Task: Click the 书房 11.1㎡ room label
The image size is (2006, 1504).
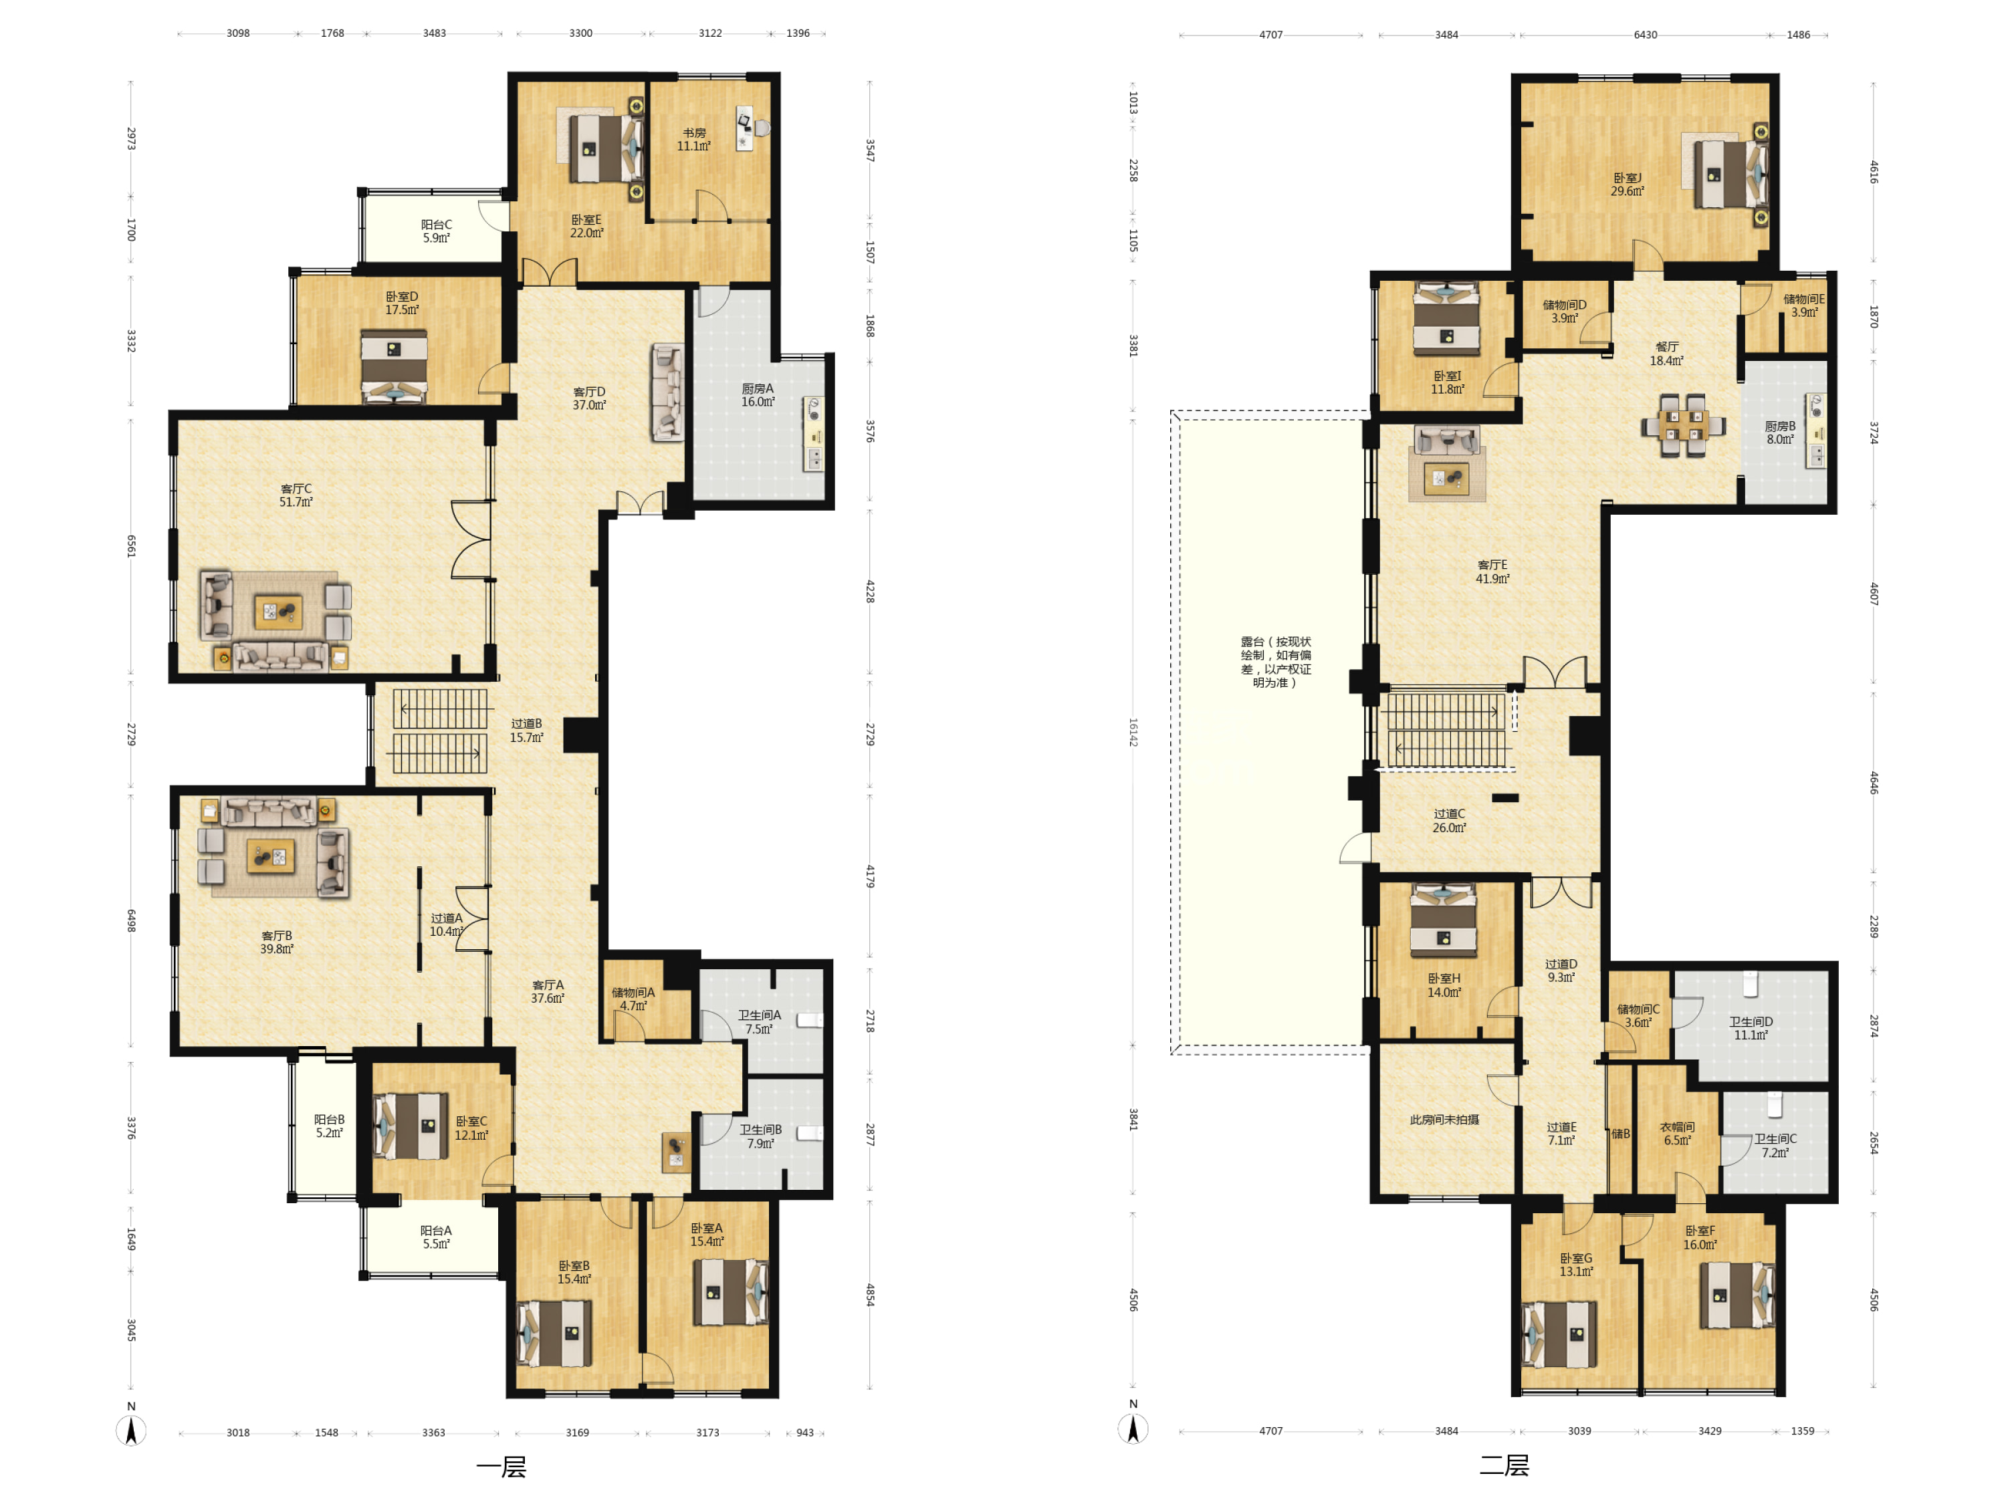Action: click(x=694, y=140)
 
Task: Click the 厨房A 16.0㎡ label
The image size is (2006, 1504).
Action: click(x=758, y=395)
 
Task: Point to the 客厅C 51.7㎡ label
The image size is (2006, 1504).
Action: click(x=296, y=495)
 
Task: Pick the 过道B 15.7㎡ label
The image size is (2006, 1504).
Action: click(x=526, y=731)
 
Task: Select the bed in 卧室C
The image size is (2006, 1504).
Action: click(x=411, y=1126)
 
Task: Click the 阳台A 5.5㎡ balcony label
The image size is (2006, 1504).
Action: click(x=436, y=1237)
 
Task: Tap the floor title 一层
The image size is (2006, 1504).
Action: click(x=501, y=1467)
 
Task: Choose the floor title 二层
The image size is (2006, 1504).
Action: click(x=1504, y=1465)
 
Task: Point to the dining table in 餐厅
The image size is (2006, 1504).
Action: click(x=1683, y=424)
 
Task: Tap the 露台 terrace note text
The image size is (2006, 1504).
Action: click(x=1276, y=662)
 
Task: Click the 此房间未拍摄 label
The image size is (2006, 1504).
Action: click(x=1444, y=1120)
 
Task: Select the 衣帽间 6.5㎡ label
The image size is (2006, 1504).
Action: click(x=1677, y=1133)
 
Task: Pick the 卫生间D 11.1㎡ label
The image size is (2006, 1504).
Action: click(x=1751, y=1028)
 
